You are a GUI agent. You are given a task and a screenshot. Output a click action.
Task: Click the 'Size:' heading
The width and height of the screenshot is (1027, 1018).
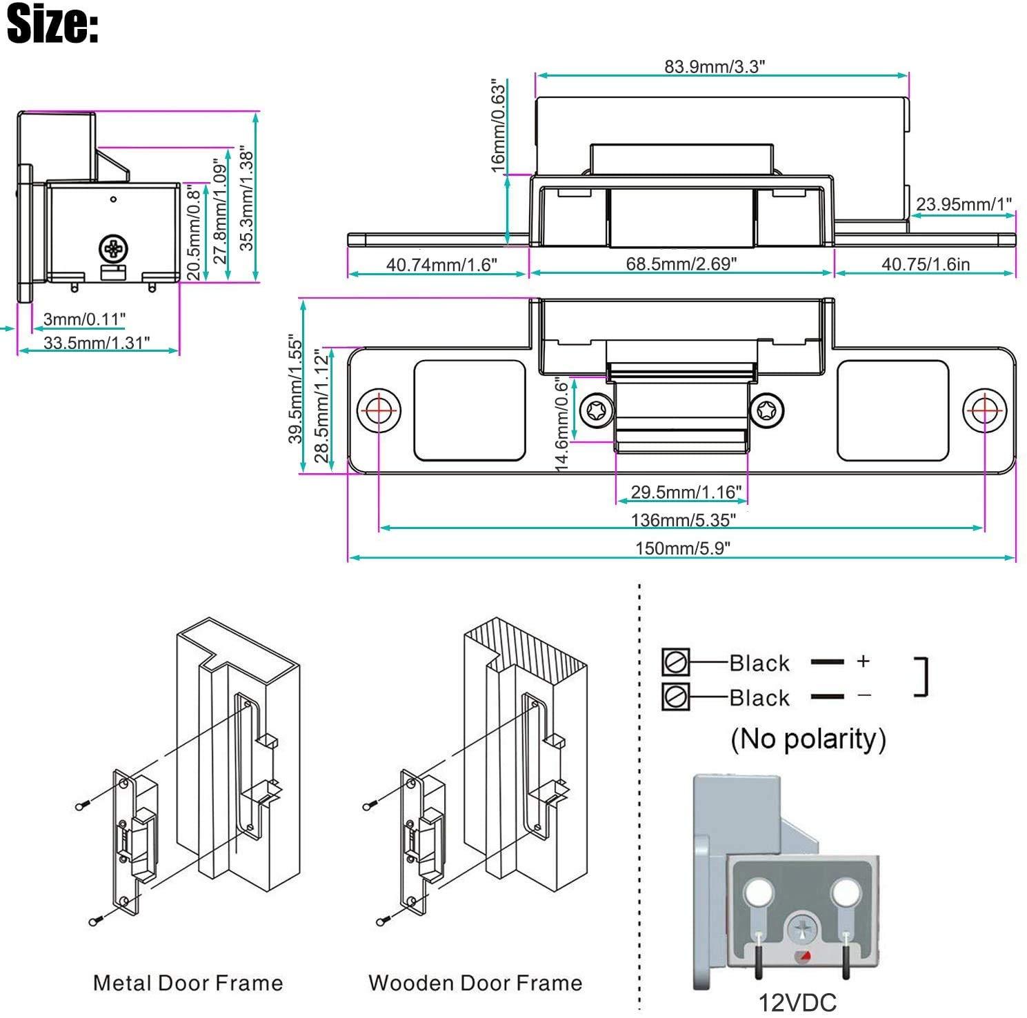pyautogui.click(x=52, y=24)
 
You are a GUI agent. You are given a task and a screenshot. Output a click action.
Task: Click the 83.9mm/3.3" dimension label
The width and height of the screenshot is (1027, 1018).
pyautogui.click(x=715, y=66)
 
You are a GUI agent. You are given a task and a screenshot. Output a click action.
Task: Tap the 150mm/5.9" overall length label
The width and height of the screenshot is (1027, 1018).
pyautogui.click(x=682, y=548)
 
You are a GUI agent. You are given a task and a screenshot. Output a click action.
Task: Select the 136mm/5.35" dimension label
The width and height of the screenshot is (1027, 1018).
pyautogui.click(x=683, y=519)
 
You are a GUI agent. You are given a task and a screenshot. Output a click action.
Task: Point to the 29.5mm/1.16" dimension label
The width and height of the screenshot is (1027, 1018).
pyautogui.click(x=686, y=492)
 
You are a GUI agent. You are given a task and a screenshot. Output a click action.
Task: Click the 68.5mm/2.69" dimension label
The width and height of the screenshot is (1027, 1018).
pyautogui.click(x=681, y=263)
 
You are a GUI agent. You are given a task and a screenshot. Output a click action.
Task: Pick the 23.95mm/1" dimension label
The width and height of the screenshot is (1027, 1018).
pyautogui.click(x=964, y=204)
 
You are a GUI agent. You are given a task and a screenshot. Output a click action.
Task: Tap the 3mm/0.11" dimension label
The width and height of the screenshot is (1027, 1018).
pyautogui.click(x=84, y=319)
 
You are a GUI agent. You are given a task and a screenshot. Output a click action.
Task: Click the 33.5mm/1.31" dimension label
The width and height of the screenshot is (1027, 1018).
pyautogui.click(x=96, y=342)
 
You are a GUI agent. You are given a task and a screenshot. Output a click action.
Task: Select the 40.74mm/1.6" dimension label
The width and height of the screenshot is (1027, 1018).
pyautogui.click(x=441, y=264)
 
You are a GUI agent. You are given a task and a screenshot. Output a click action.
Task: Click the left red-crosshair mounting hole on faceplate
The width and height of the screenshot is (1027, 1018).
pyautogui.click(x=379, y=410)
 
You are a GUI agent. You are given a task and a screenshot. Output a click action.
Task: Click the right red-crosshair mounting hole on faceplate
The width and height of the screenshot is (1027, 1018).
pyautogui.click(x=984, y=410)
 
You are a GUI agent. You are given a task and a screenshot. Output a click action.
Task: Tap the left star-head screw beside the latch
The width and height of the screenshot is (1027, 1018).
pyautogui.click(x=597, y=412)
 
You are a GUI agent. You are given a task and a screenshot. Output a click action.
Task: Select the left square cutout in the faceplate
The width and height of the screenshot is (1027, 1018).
pyautogui.click(x=469, y=410)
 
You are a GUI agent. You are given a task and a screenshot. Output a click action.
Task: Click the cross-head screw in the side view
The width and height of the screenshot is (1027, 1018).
pyautogui.click(x=113, y=249)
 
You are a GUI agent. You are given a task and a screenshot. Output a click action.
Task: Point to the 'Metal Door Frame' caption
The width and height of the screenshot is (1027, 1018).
pyautogui.click(x=188, y=982)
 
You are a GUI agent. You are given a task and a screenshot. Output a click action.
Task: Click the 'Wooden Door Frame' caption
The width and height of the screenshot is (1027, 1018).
pyautogui.click(x=475, y=982)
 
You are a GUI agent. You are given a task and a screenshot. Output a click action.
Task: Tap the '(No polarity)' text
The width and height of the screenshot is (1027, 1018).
pyautogui.click(x=808, y=739)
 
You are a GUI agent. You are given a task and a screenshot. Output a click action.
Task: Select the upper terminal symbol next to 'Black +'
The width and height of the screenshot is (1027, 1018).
pyautogui.click(x=675, y=662)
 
